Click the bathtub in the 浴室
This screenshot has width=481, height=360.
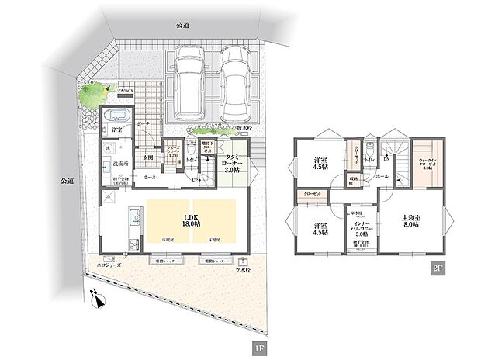pyautogui.click(x=118, y=117)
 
